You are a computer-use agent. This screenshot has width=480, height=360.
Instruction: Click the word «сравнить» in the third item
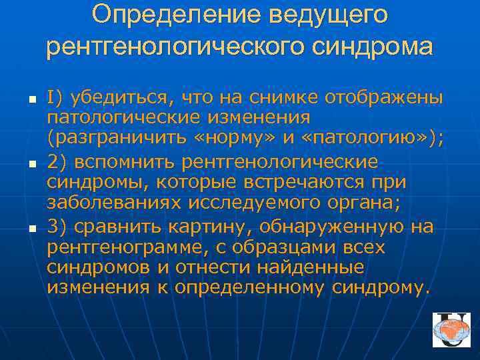(x=115, y=227)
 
